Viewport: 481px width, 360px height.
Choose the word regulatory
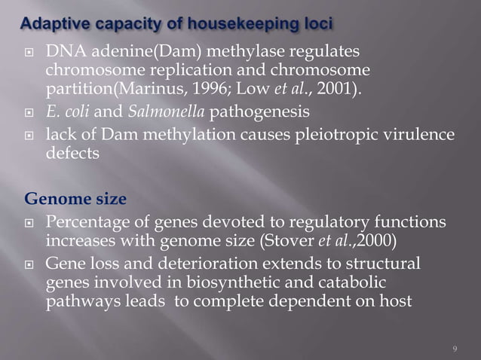pyautogui.click(x=326, y=224)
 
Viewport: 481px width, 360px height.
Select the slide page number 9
pyautogui.click(x=455, y=348)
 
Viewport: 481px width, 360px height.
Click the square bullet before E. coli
pyautogui.click(x=32, y=114)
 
